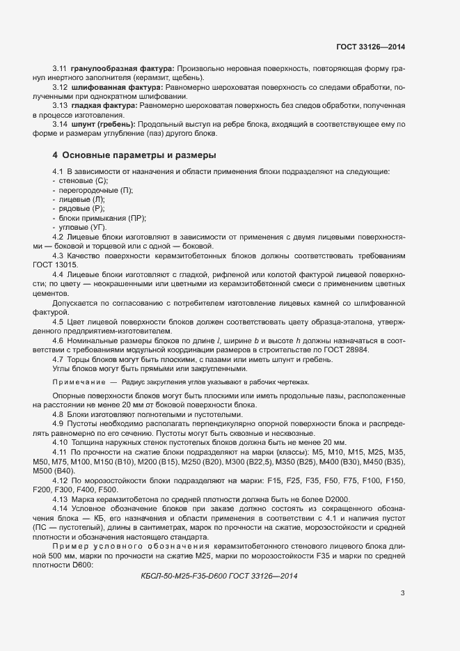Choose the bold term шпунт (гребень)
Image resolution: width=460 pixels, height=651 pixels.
coord(103,124)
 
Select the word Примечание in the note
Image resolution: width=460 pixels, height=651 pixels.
coord(75,382)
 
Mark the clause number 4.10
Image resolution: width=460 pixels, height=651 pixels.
coord(61,442)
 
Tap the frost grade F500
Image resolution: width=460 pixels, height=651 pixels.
coord(107,489)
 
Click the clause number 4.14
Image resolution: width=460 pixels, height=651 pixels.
coord(61,508)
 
